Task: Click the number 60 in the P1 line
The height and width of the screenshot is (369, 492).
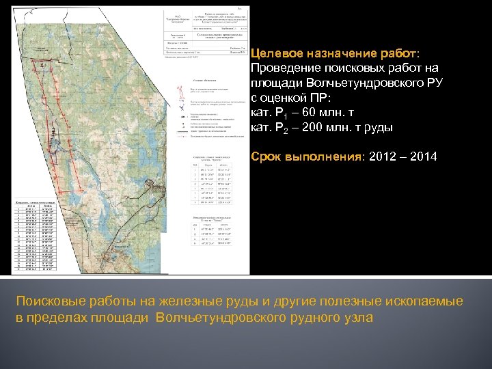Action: click(x=314, y=112)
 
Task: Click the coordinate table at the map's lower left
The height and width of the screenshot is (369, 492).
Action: click(x=34, y=235)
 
